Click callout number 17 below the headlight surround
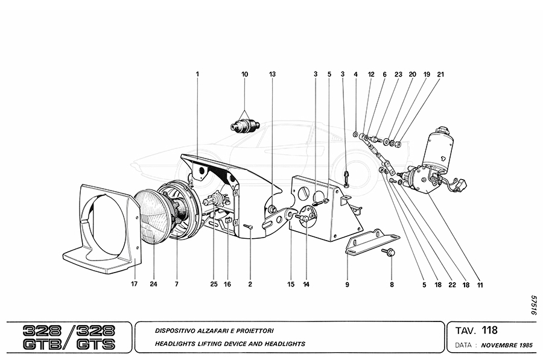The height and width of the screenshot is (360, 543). click(x=135, y=283)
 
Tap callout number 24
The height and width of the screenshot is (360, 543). click(x=153, y=283)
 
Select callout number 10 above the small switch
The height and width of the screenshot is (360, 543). click(x=245, y=74)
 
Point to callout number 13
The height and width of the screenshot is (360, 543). click(x=272, y=74)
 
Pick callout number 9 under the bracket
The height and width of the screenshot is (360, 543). click(x=348, y=283)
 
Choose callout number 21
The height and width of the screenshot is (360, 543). click(x=440, y=74)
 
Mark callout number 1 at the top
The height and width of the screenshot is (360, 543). click(x=197, y=74)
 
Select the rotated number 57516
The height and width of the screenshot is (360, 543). click(x=533, y=305)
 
